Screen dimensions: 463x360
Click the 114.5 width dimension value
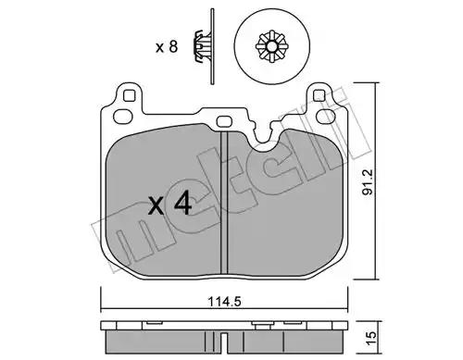pos(224,301)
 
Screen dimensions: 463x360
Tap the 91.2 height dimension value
pos(368,181)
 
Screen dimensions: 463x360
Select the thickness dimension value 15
pos(371,338)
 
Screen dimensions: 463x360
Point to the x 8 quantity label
pos(167,47)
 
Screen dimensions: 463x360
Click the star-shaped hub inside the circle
pos(271,47)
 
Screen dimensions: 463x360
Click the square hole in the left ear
pos(130,95)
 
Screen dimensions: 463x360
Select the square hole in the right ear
pos(319,95)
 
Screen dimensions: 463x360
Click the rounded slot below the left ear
pos(123,117)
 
